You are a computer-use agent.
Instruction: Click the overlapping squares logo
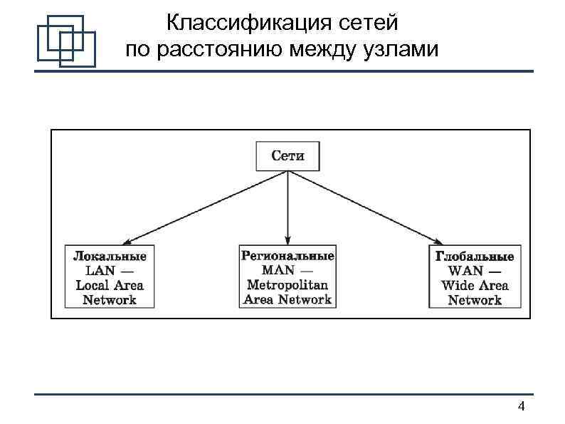[65, 41]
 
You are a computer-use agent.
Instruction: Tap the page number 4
[522, 407]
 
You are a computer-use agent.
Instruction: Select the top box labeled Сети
[287, 156]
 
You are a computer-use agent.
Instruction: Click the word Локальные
[110, 256]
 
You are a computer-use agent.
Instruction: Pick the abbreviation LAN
[99, 271]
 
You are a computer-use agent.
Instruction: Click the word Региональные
[287, 255]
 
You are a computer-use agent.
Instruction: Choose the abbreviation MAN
[278, 270]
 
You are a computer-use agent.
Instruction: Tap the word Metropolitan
[287, 285]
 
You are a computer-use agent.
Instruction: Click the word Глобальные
[475, 256]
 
